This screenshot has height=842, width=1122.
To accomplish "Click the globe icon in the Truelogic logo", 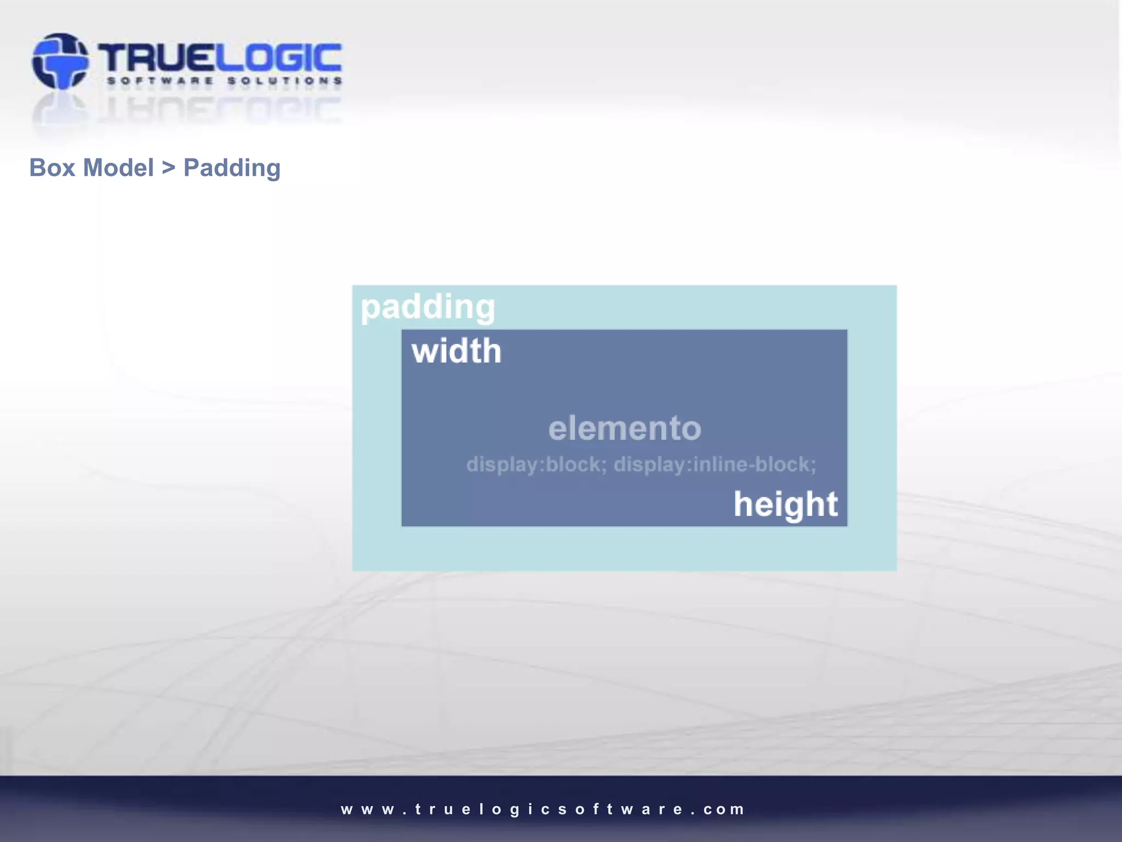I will [60, 61].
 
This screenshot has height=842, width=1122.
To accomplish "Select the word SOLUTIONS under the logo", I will [284, 81].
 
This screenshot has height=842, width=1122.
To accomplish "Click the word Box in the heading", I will [52, 168].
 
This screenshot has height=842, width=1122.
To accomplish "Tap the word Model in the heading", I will [118, 168].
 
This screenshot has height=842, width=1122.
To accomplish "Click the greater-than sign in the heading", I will [168, 168].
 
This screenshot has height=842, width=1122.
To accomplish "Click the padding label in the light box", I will [428, 307].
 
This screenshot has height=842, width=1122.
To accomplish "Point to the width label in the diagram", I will [456, 351].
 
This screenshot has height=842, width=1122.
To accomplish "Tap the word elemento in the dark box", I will [625, 428].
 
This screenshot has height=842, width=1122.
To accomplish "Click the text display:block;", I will [536, 465].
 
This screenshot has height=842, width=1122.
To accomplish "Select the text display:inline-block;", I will [714, 465].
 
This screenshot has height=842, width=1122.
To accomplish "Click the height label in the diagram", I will [786, 504].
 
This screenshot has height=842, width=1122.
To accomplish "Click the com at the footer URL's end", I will [724, 809].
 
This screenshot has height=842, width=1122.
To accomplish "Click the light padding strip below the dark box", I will [625, 548].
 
